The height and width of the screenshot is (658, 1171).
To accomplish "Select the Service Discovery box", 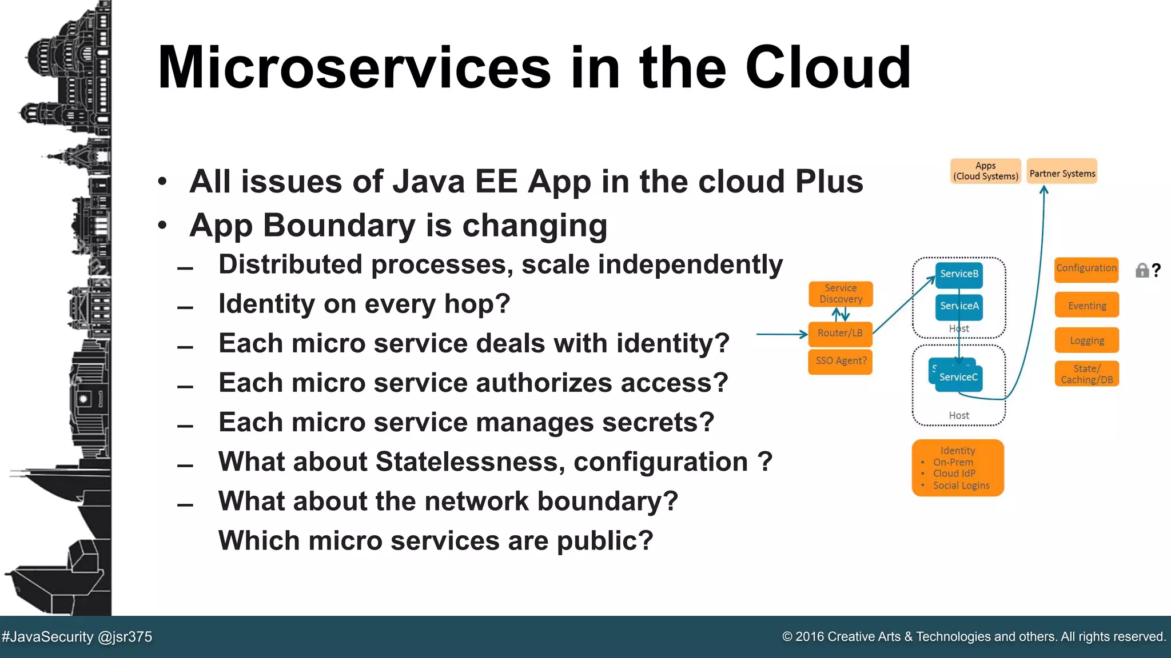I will tap(841, 294).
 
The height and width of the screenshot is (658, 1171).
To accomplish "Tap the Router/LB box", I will tap(840, 334).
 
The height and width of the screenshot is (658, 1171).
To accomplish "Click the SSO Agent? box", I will tap(841, 361).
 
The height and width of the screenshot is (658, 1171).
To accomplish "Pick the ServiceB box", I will tap(959, 274).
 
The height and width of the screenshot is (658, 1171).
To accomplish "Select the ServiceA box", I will tap(959, 306).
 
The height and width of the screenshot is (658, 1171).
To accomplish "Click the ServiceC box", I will tap(959, 378).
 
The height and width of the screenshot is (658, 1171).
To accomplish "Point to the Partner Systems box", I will tap(1062, 171).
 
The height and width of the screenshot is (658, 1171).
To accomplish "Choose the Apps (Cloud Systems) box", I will tap(986, 171).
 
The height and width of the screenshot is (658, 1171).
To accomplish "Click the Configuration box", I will tap(1086, 269).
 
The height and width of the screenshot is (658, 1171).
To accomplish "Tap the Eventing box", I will tap(1086, 306).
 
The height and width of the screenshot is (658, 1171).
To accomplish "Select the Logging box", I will tap(1086, 340).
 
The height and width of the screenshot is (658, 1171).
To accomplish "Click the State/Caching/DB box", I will tap(1086, 374).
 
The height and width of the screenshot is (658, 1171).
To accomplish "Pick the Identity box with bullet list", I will tap(958, 468).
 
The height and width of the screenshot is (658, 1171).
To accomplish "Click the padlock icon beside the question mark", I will tap(1142, 270).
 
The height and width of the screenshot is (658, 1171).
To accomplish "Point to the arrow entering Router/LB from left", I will tap(781, 334).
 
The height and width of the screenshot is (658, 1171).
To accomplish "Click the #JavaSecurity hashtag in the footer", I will tap(47, 637).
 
